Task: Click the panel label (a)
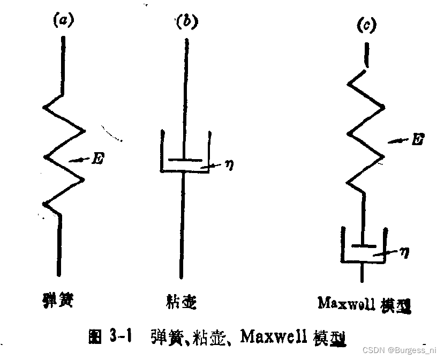coord(62,21)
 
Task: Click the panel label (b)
coord(186,22)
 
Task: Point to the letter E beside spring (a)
coord(97,159)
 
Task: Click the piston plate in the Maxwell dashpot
coord(365,246)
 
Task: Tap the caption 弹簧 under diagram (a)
coord(57,302)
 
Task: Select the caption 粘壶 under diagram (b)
coord(182,302)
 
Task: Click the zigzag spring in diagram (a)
coord(64,155)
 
